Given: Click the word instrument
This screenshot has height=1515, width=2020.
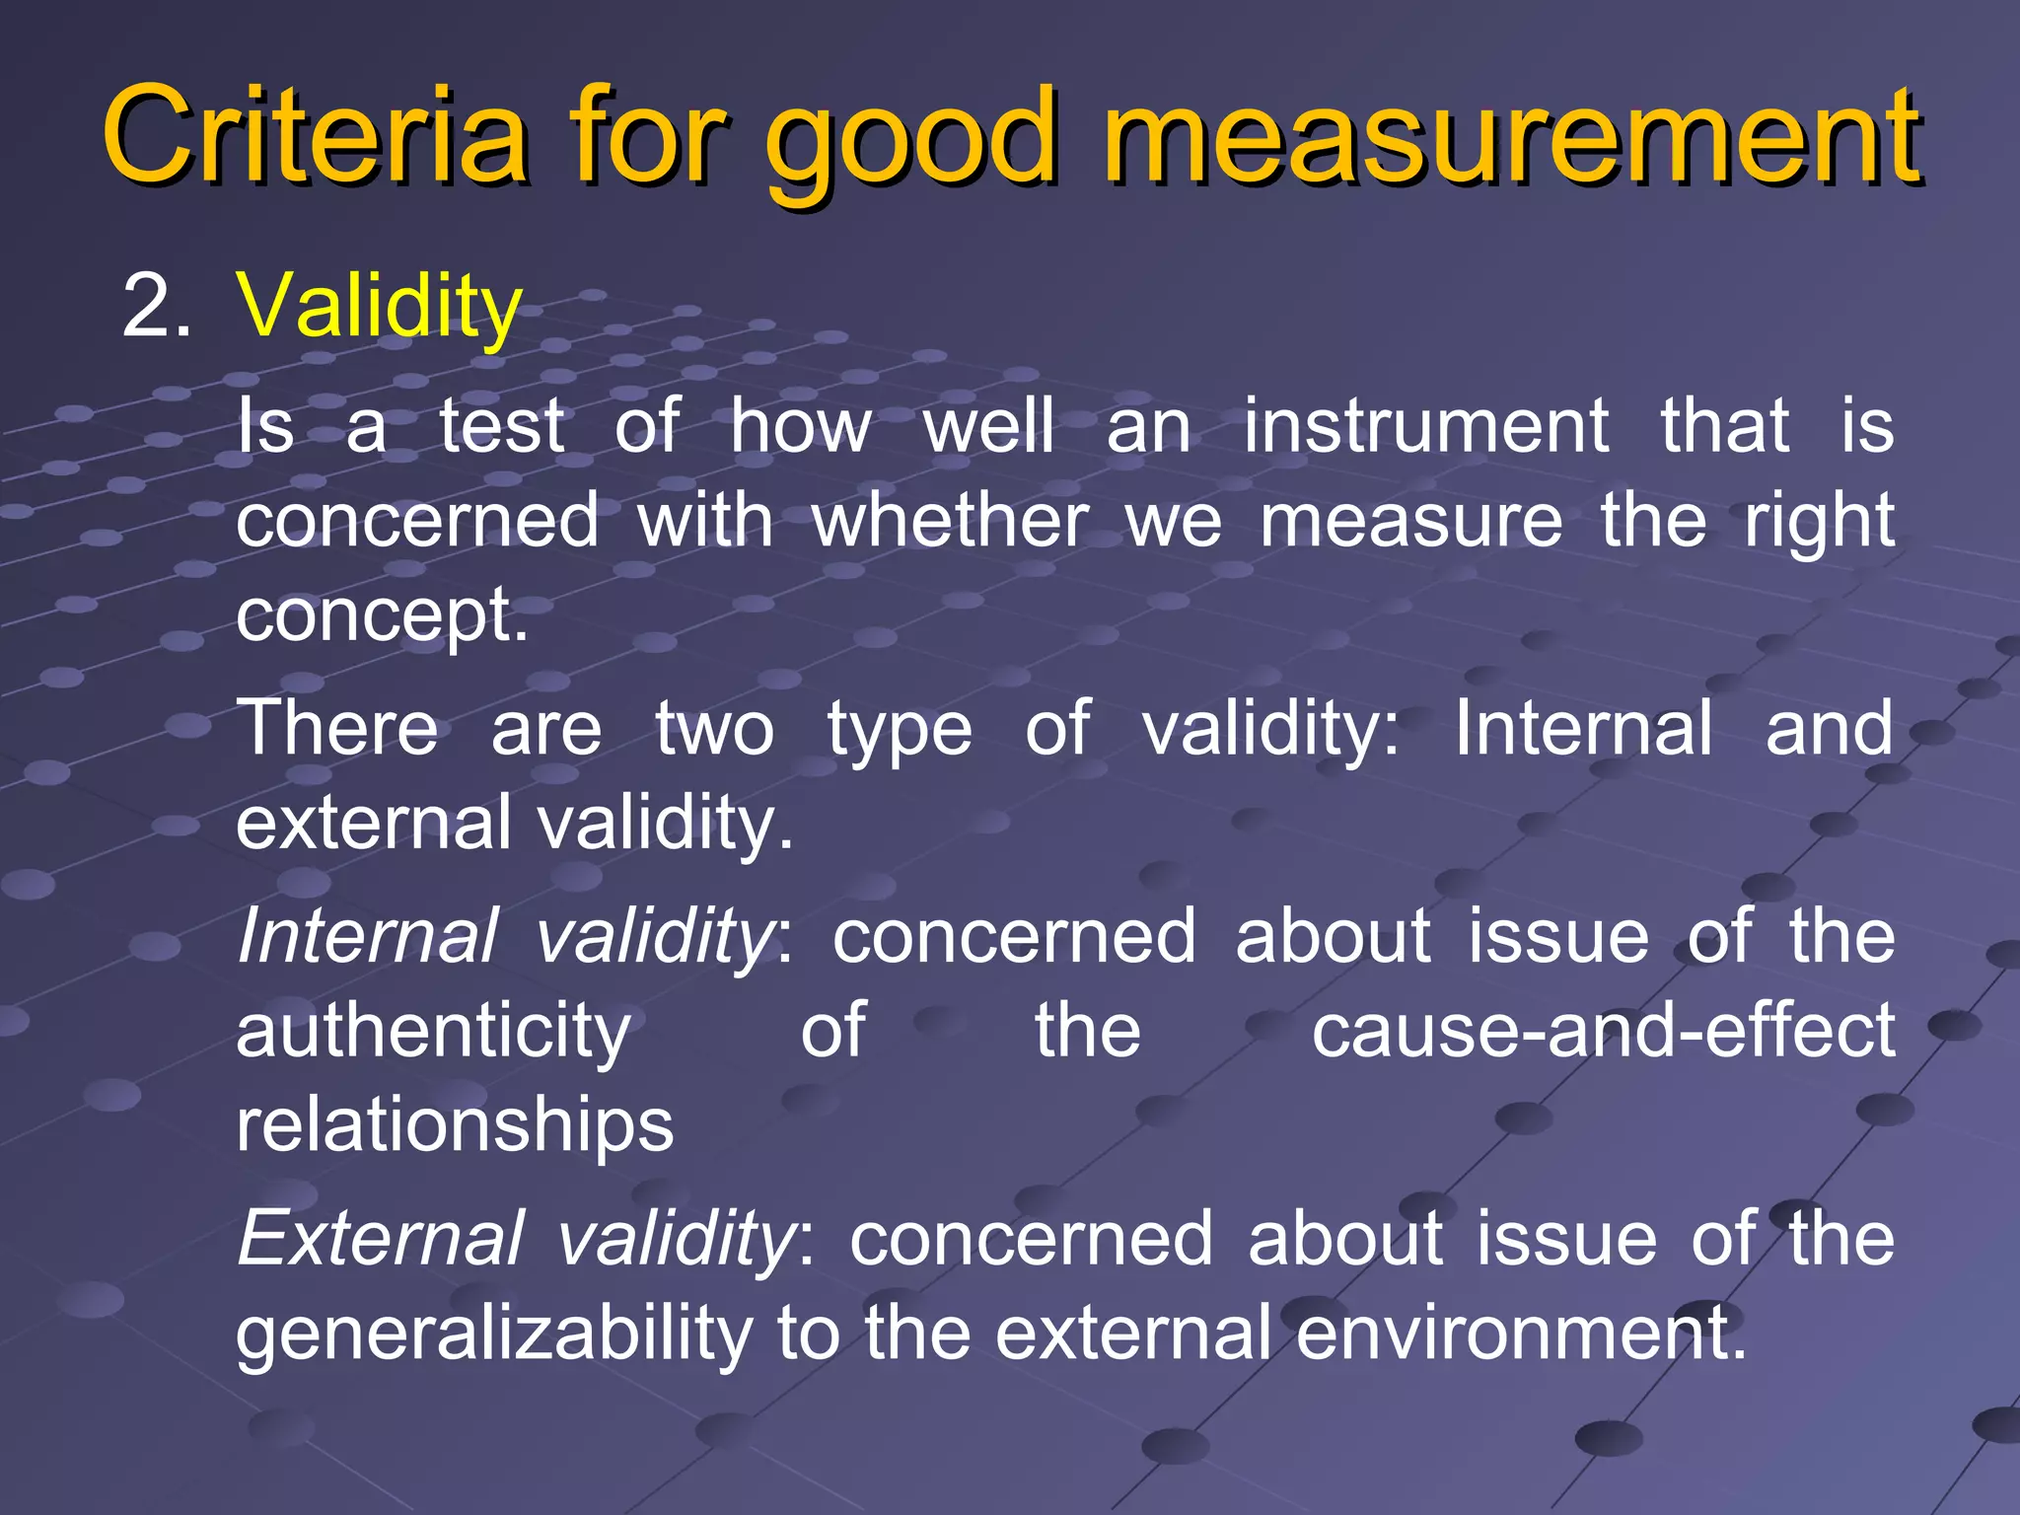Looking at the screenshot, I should point(1426,426).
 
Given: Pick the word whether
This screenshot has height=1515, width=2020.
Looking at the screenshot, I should point(950,521).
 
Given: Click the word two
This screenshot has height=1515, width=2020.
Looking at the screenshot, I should point(715,729).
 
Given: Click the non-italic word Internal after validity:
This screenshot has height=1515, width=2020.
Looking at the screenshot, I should point(1583,729).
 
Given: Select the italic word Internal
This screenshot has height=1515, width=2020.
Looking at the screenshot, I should point(368,936).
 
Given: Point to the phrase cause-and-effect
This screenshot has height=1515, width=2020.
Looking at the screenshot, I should point(1603,1031).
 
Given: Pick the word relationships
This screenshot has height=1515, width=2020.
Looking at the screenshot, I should point(455,1125).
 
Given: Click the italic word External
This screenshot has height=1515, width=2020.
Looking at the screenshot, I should point(380,1238).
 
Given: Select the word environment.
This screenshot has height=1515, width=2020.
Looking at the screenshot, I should point(1520,1333).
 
